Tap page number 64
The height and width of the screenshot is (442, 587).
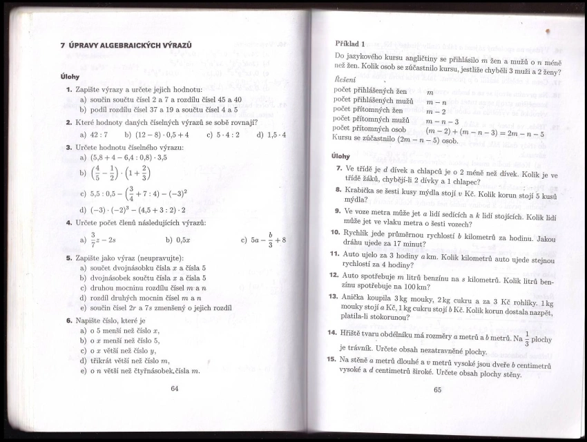(x=174, y=389)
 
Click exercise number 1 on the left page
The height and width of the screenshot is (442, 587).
(x=69, y=90)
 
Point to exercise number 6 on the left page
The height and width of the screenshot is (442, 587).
(x=69, y=320)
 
